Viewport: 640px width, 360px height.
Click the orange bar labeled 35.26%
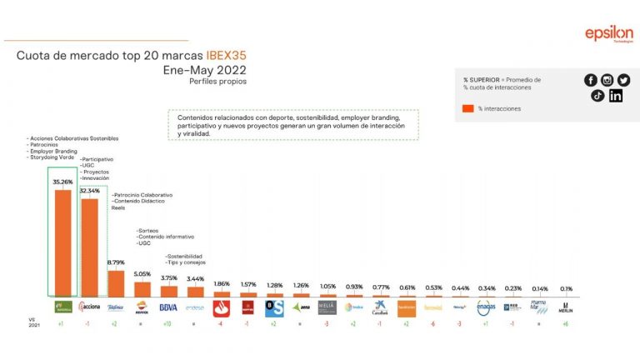tap(62, 242)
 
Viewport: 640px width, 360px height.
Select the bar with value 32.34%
tap(89, 247)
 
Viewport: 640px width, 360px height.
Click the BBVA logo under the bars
tap(168, 307)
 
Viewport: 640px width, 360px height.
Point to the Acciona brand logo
tap(89, 307)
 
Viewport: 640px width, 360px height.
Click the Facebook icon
tap(591, 80)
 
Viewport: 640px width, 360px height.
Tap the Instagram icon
tap(607, 80)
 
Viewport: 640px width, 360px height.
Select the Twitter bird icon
tap(623, 80)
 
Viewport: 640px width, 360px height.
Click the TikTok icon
tap(597, 95)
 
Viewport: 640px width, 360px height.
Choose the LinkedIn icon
tap(616, 95)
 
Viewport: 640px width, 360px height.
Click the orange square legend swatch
tap(468, 108)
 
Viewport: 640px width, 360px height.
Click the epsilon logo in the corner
tap(608, 35)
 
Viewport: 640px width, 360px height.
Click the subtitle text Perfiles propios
tap(217, 82)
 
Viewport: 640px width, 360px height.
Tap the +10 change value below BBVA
tap(168, 322)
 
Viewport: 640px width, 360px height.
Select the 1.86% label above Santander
tap(222, 283)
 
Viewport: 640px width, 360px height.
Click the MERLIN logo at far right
tap(565, 307)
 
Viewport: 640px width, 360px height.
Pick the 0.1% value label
tap(565, 288)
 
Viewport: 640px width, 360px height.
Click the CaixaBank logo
tap(380, 307)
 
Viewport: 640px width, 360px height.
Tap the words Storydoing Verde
tap(50, 157)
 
